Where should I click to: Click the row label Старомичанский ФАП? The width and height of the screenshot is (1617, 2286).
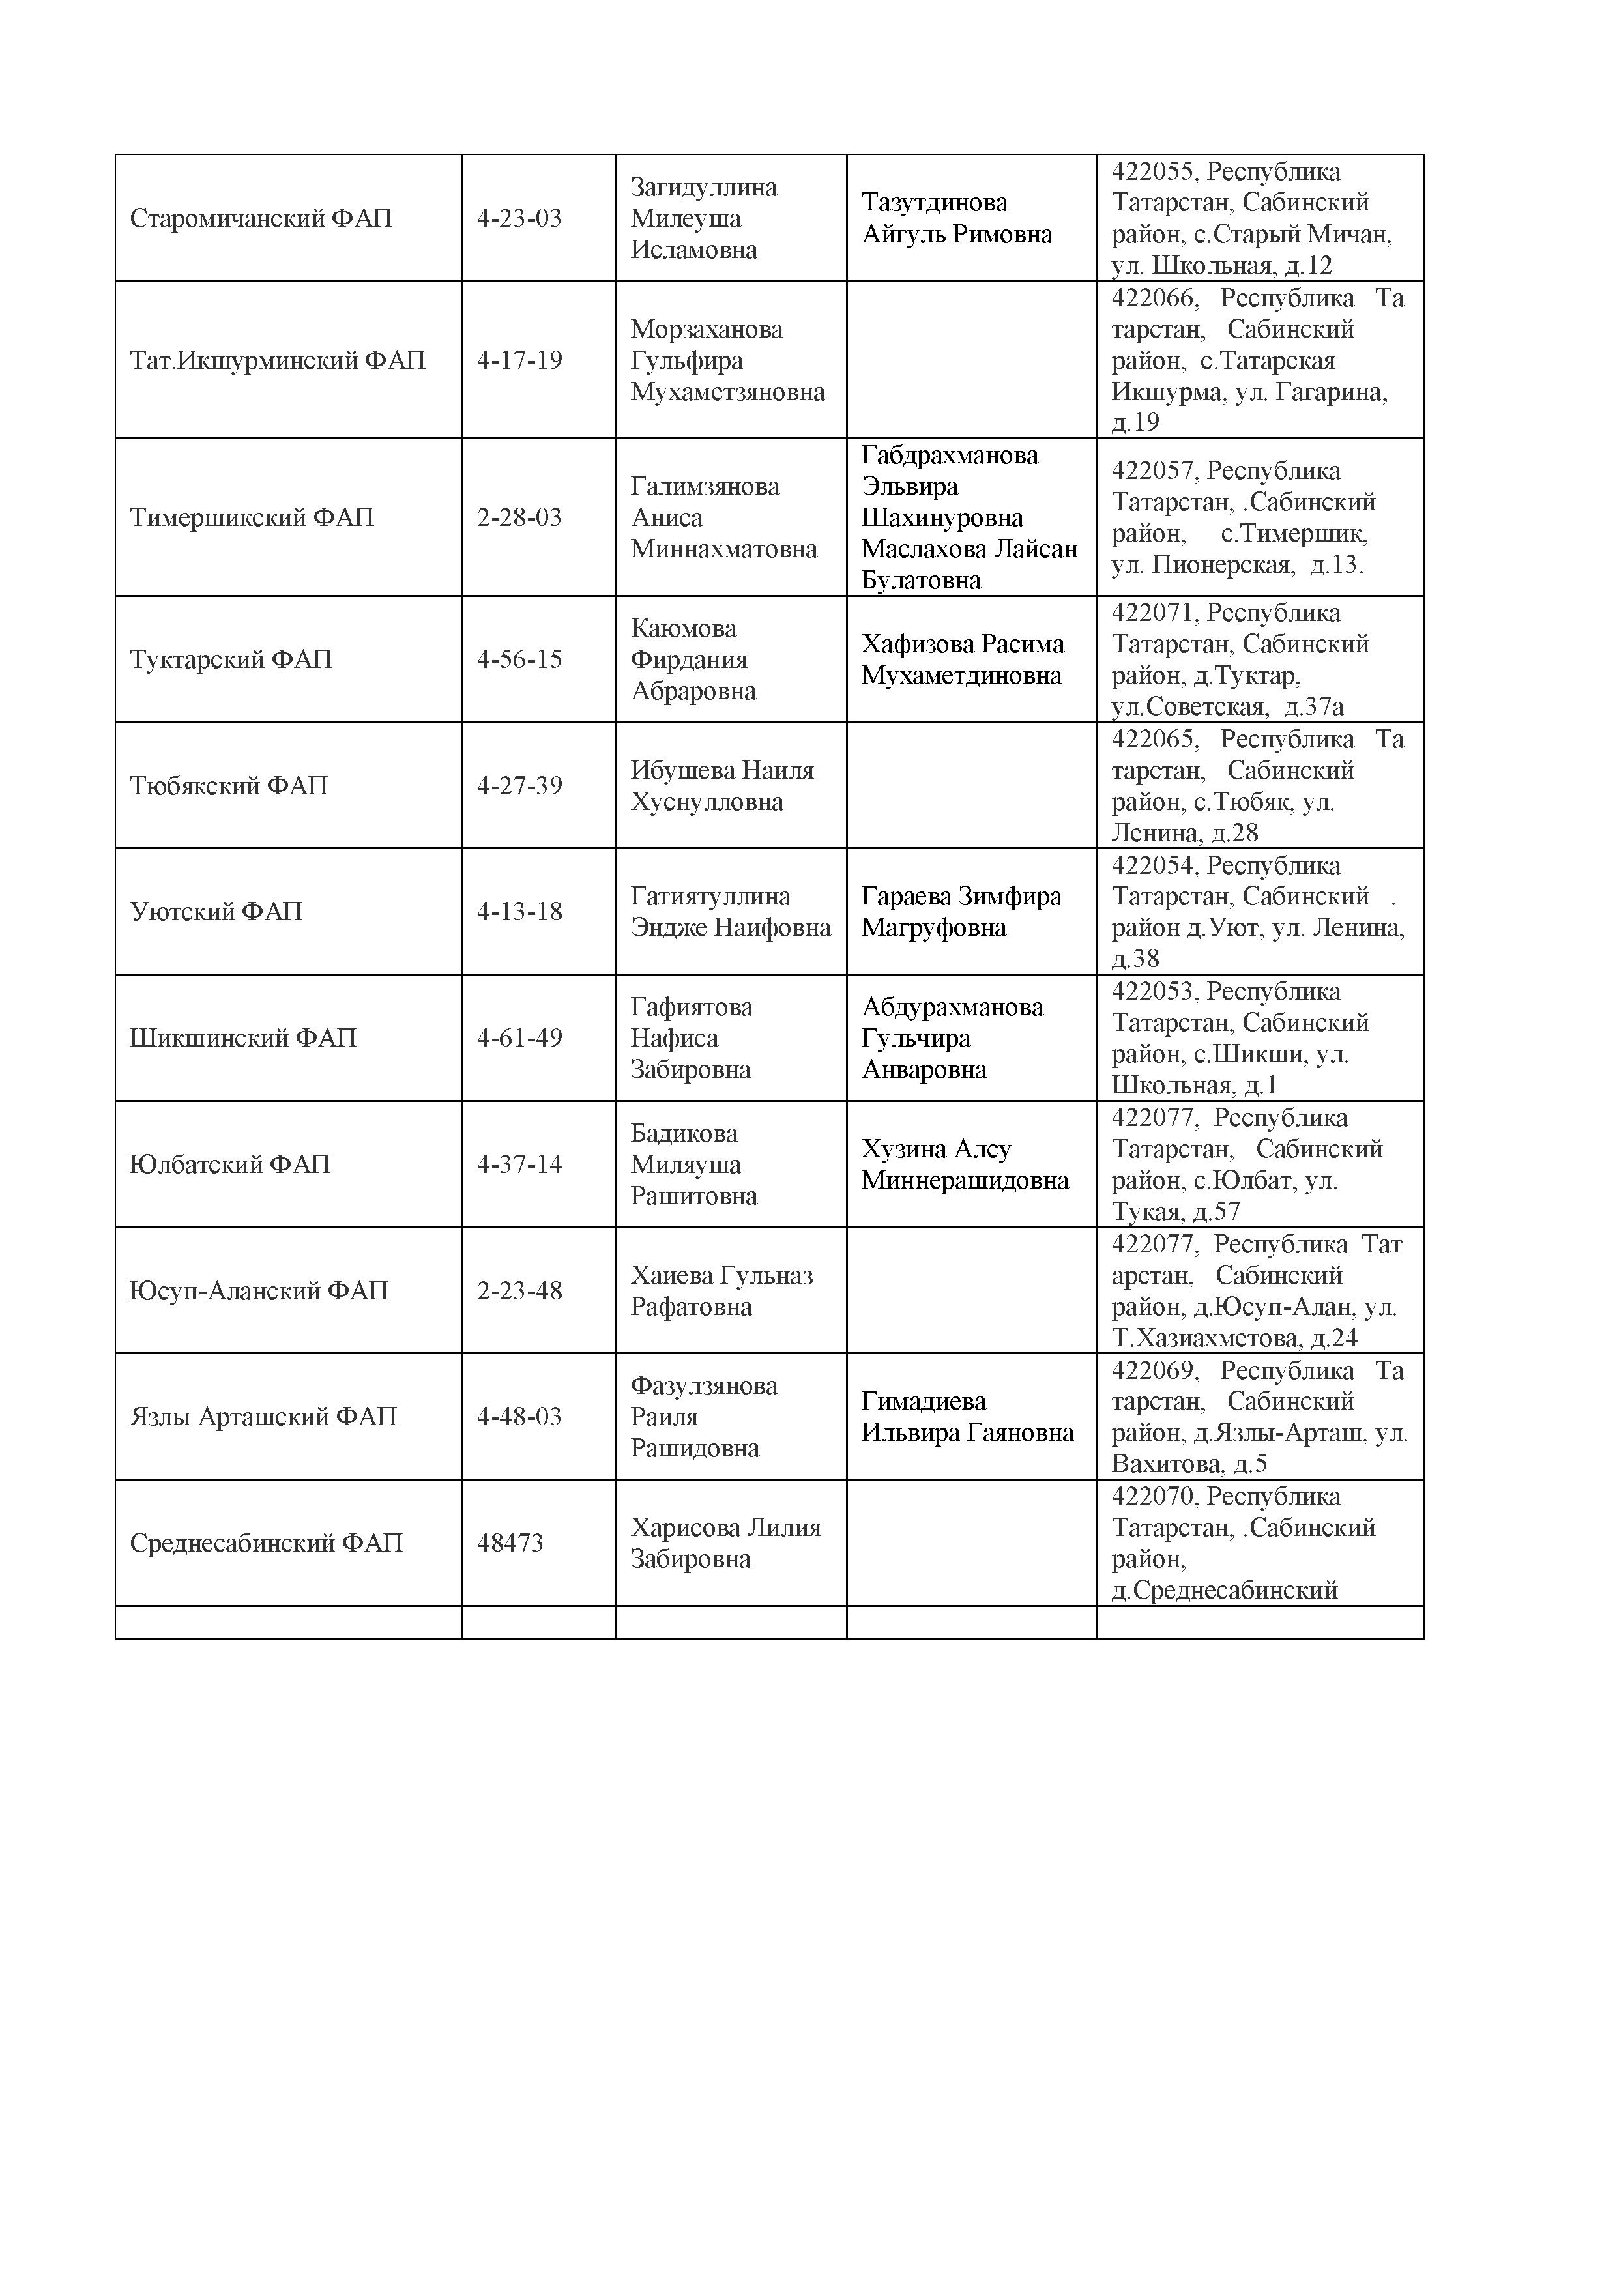coord(261,218)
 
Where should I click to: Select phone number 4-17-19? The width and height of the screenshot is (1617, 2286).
coord(519,360)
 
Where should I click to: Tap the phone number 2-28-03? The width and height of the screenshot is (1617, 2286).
coord(519,517)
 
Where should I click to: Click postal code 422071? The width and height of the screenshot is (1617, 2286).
coord(1154,613)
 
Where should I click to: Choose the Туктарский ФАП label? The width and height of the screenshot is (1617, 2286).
coord(230,659)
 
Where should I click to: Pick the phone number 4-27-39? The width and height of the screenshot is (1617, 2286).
coord(519,785)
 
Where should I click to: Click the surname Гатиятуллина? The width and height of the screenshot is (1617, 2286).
coord(710,896)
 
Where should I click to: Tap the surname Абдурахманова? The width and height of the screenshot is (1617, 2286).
coord(952,1007)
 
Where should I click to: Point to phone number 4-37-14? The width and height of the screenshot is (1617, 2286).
coord(519,1164)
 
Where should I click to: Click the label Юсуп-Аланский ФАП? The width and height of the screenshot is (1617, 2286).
coord(258,1290)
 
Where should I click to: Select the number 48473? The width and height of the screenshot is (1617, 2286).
coord(510,1543)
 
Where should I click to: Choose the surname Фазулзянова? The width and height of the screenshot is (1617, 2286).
coord(703,1385)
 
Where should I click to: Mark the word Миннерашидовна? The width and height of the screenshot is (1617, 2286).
coord(964,1181)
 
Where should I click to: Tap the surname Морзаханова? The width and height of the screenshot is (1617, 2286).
coord(706,330)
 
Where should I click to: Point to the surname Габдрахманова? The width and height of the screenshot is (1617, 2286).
coord(949,455)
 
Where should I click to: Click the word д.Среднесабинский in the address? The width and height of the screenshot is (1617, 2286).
coord(1224,1590)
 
